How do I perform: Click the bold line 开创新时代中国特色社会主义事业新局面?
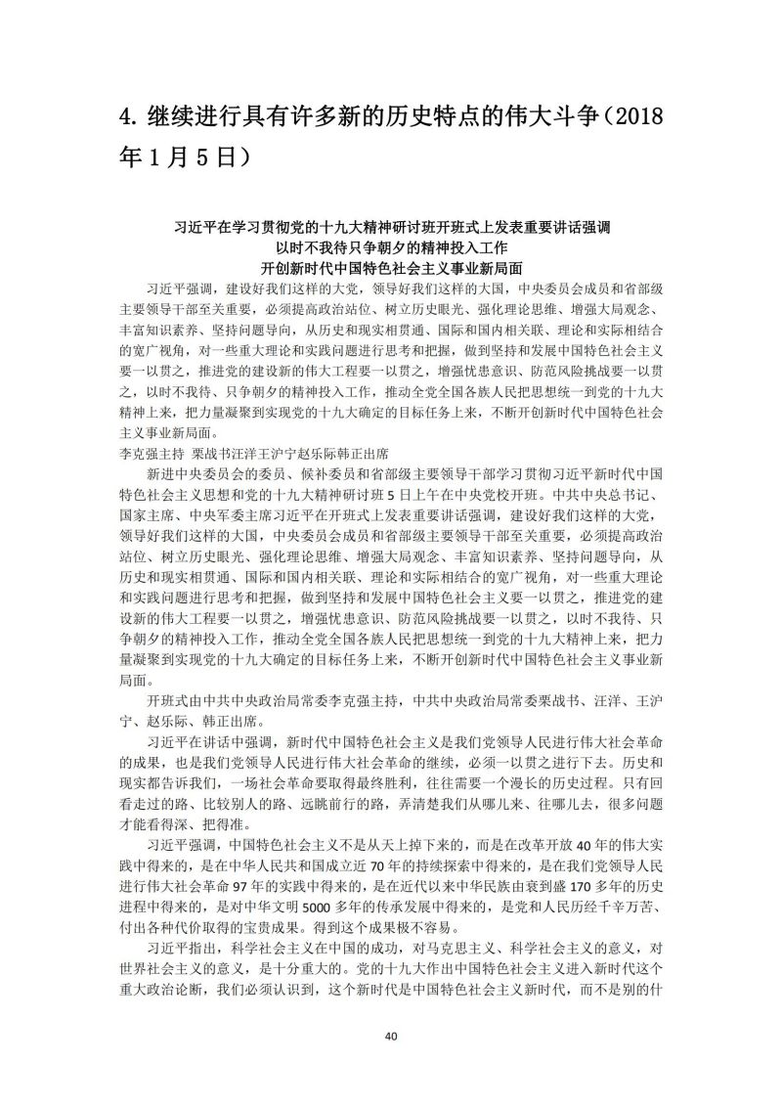pos(391,266)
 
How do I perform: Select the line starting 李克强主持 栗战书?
pos(254,454)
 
